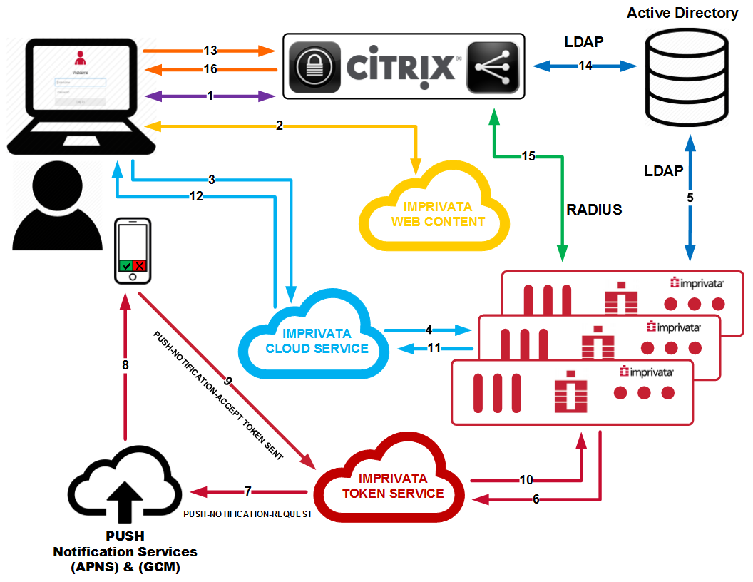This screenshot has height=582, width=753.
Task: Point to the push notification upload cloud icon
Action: coord(127,486)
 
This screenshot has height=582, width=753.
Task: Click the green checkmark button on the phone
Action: coord(126,265)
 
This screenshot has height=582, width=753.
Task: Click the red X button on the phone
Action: coord(140,265)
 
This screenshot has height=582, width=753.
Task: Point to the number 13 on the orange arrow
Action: coord(210,51)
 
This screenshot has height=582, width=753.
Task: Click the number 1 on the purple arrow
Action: coord(210,96)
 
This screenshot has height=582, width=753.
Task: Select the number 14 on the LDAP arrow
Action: coord(585,66)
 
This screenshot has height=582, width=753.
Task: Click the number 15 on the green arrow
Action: coord(528,155)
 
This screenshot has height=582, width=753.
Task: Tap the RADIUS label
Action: coord(594,209)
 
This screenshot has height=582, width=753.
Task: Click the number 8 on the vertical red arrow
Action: coord(125,364)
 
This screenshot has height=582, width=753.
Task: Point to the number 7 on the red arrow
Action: coord(247,491)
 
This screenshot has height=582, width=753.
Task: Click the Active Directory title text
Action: coord(682,13)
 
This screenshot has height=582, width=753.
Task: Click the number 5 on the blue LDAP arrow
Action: coord(690,198)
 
